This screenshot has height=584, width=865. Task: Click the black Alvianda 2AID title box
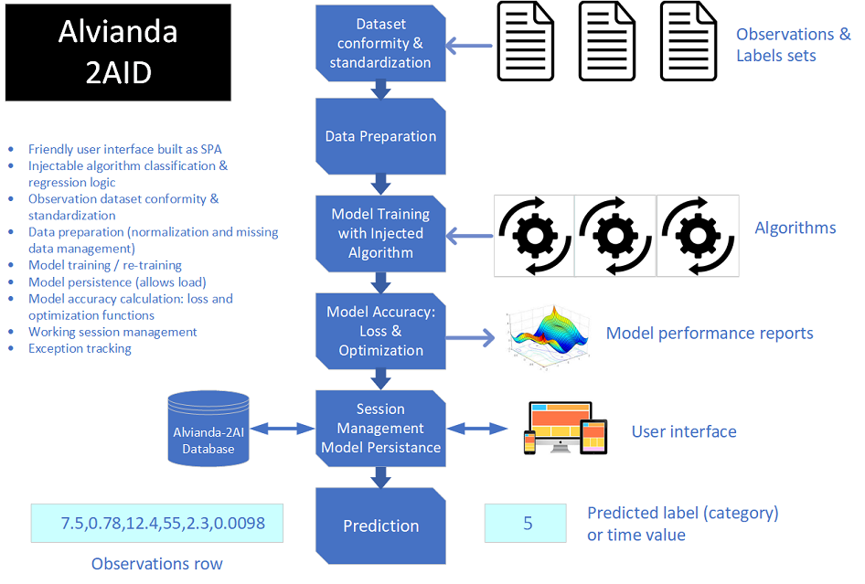[117, 51]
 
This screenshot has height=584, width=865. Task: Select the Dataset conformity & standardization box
[379, 43]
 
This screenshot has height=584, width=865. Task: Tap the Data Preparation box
[379, 136]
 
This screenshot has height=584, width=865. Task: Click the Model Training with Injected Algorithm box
[379, 233]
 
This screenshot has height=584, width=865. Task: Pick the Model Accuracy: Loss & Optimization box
[379, 331]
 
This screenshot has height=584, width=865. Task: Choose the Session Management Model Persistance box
[379, 428]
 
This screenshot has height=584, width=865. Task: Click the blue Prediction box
[379, 526]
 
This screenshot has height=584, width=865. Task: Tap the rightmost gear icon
[697, 236]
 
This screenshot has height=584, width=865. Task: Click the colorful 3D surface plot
[547, 336]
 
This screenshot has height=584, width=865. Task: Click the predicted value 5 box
[528, 524]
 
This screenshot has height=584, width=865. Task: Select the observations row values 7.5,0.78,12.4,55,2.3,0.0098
[156, 523]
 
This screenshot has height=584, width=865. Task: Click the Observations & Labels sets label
[792, 45]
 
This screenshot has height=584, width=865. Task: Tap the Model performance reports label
[709, 333]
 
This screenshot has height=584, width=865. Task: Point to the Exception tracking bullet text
[80, 348]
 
